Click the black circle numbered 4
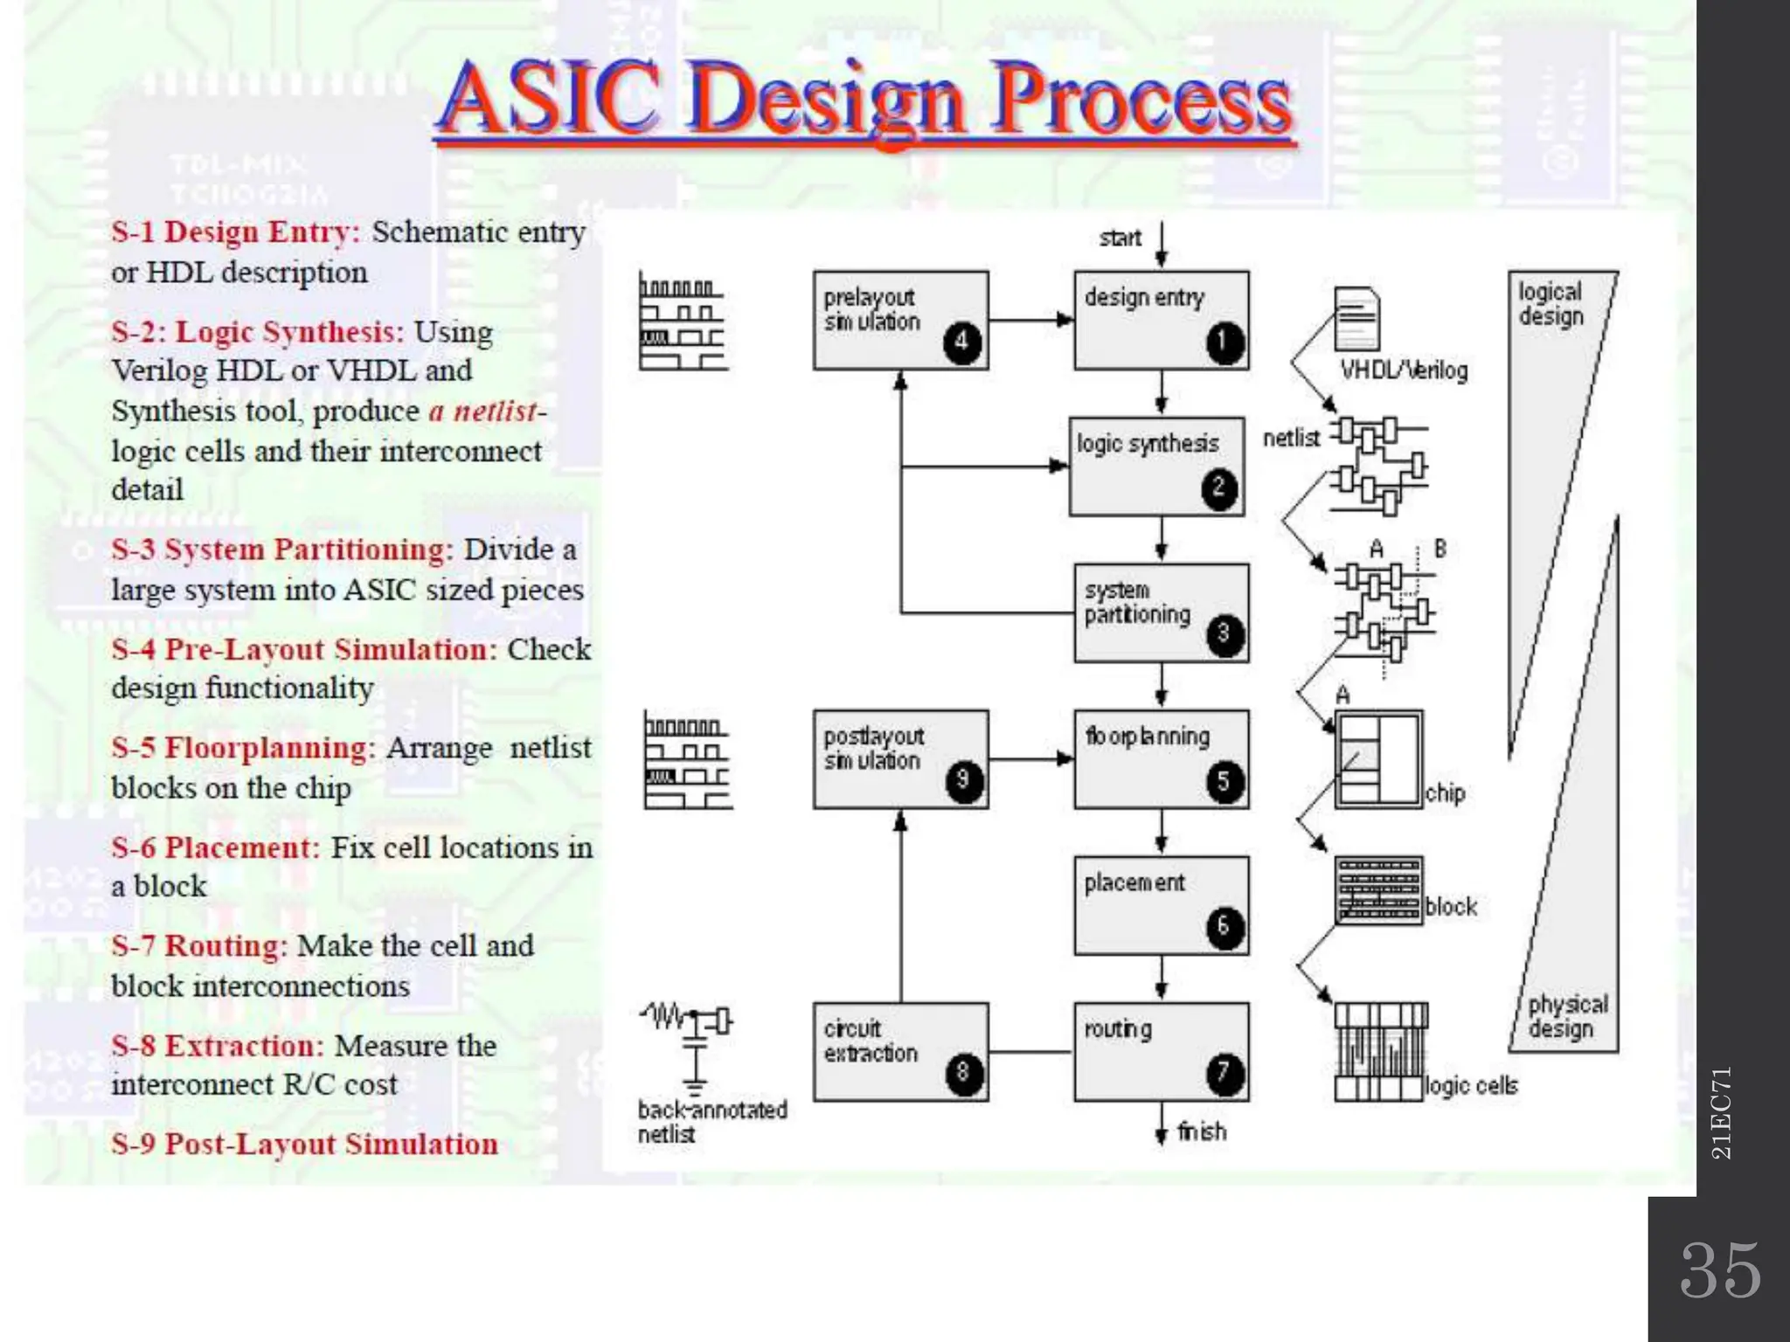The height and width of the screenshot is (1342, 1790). pyautogui.click(x=962, y=342)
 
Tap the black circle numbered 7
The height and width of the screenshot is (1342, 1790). pyautogui.click(x=1224, y=1073)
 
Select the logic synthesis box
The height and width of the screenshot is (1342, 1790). pyautogui.click(x=1157, y=467)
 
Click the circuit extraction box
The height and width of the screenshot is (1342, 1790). pyautogui.click(x=900, y=1051)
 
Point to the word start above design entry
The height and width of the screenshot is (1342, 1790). pyautogui.click(x=1120, y=238)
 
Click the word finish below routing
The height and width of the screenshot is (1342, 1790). pyautogui.click(x=1202, y=1131)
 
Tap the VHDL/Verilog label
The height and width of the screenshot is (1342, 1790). pyautogui.click(x=1404, y=370)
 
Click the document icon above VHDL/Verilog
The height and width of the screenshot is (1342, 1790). pyautogui.click(x=1357, y=319)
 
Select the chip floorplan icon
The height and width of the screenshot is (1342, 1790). pyautogui.click(x=1378, y=759)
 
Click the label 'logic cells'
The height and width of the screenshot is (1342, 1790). pyautogui.click(x=1471, y=1085)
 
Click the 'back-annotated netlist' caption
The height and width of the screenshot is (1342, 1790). pyautogui.click(x=711, y=1122)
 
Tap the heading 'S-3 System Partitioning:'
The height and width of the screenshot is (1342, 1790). pyautogui.click(x=281, y=550)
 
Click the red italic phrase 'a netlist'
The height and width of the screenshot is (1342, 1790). pyautogui.click(x=482, y=411)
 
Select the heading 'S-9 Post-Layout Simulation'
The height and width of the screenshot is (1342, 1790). pyautogui.click(x=304, y=1144)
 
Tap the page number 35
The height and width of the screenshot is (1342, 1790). pyautogui.click(x=1719, y=1269)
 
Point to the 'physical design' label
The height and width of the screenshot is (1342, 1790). pyautogui.click(x=1568, y=1017)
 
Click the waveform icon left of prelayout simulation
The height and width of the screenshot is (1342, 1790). pyautogui.click(x=682, y=322)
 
